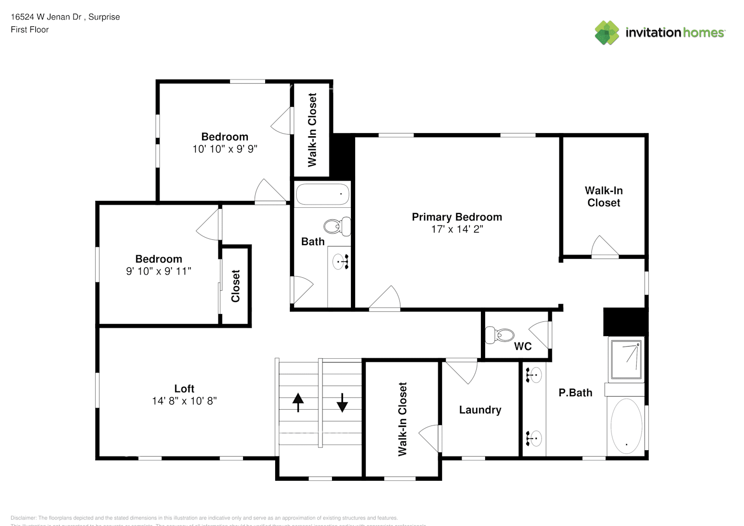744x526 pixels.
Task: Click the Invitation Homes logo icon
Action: click(607, 33)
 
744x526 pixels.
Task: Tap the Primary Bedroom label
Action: click(456, 217)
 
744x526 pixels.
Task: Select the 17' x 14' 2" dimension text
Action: click(456, 229)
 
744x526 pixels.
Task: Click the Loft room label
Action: click(184, 389)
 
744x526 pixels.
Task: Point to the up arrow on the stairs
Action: click(298, 402)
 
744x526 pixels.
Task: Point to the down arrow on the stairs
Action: click(342, 402)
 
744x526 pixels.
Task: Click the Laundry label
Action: click(480, 410)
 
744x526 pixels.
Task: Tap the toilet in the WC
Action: click(499, 335)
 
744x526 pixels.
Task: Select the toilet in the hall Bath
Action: click(337, 226)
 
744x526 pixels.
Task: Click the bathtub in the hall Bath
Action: click(323, 194)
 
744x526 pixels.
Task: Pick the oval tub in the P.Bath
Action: click(626, 426)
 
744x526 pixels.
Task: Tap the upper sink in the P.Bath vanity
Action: click(534, 375)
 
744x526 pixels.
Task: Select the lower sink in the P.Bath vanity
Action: click(534, 438)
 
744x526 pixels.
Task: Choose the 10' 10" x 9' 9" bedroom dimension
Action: click(225, 149)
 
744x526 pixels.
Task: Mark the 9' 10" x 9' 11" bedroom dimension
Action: click(158, 271)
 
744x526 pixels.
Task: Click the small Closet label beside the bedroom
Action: click(235, 286)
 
